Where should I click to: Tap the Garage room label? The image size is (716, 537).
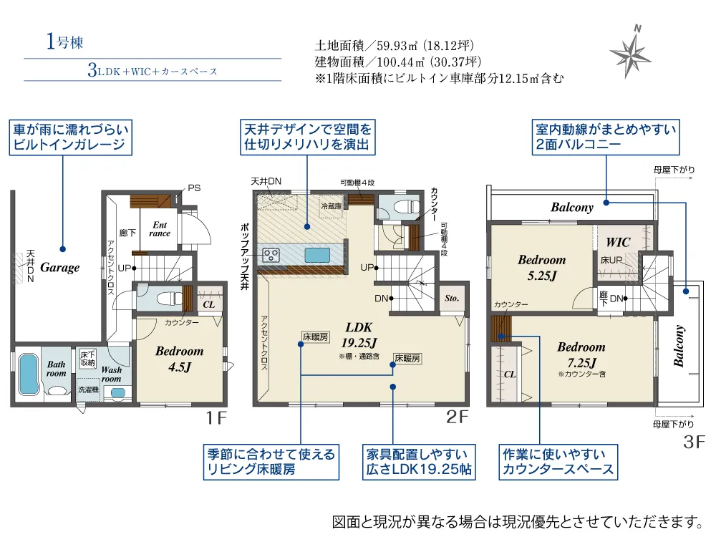point(59,267)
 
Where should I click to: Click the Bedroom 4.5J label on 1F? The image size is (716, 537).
point(179,358)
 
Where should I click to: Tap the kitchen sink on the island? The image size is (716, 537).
point(316,255)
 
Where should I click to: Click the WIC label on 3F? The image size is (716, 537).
point(618,242)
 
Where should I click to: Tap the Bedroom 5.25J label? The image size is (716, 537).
point(541,267)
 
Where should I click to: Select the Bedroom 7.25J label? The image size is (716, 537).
point(581,354)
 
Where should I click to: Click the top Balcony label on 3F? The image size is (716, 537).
point(572,208)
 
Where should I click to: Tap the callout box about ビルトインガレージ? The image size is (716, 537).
point(72,138)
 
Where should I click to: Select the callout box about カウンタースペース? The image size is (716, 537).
point(557,462)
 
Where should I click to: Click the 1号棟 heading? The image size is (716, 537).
point(64,42)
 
